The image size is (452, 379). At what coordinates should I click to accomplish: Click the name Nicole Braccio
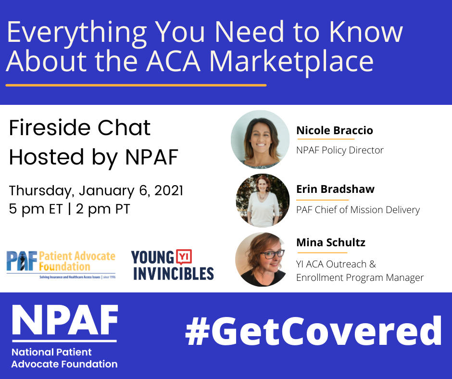(x=335, y=130)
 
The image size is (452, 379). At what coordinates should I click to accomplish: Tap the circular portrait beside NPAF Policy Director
(x=260, y=139)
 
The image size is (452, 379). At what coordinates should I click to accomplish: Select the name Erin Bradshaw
(x=336, y=189)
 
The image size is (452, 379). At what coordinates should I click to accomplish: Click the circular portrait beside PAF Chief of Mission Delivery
(x=263, y=201)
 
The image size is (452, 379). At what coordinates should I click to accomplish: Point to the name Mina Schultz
(x=331, y=242)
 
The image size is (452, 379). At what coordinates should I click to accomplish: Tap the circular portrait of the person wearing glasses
(x=262, y=259)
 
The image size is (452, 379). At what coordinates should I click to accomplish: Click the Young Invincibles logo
(x=172, y=265)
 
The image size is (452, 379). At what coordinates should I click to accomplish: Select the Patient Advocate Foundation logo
(x=61, y=265)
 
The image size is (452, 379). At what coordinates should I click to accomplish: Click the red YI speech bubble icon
(x=184, y=257)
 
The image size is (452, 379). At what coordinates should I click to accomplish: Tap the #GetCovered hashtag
(x=314, y=331)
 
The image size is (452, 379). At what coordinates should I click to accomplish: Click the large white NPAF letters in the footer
(x=65, y=320)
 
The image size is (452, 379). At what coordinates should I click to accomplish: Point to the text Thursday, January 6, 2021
(x=96, y=190)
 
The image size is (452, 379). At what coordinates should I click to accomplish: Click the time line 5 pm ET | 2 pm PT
(x=69, y=209)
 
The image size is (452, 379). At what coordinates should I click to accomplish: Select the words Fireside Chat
(x=79, y=127)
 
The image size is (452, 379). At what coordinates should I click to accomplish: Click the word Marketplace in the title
(x=291, y=62)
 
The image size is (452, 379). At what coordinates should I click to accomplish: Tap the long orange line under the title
(x=136, y=85)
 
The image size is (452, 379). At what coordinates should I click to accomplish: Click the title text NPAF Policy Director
(x=340, y=150)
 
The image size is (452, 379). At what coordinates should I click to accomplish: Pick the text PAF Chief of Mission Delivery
(x=358, y=210)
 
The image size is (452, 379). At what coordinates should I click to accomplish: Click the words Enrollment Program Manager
(x=360, y=278)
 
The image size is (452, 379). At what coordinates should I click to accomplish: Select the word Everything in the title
(x=76, y=33)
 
